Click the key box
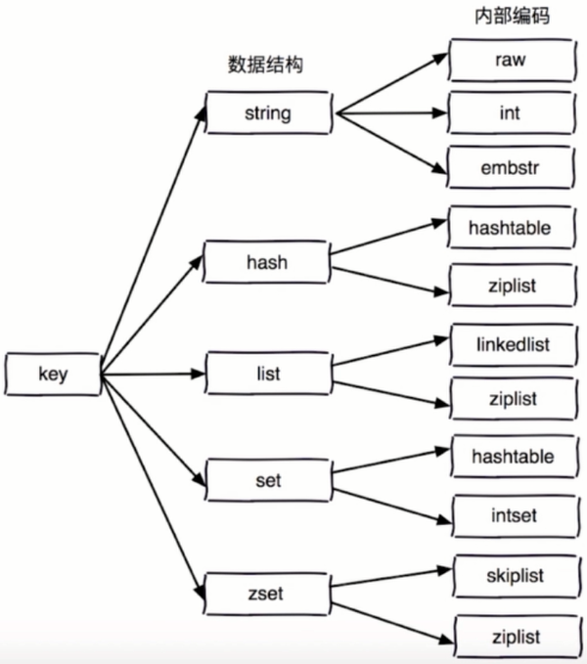tap(52, 374)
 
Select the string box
tap(267, 113)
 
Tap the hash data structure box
tap(266, 261)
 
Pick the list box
tap(266, 375)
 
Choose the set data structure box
tap(266, 481)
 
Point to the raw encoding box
tap(509, 60)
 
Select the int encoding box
tap(509, 113)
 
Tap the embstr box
tap(509, 167)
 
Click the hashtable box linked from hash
tap(509, 228)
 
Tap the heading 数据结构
tap(266, 65)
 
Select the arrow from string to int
tap(391, 113)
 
